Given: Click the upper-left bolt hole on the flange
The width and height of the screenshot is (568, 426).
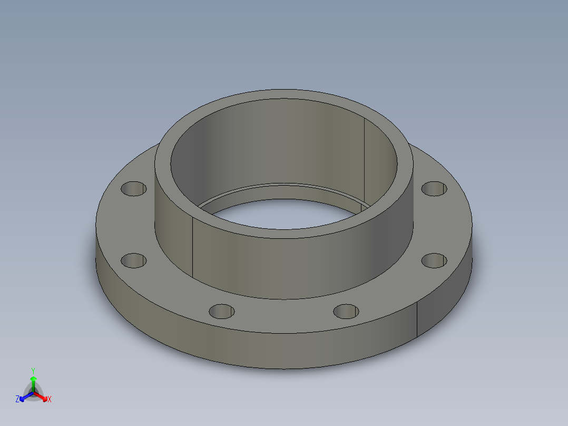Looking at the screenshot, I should (x=134, y=188).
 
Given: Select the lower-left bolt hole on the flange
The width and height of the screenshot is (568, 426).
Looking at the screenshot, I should (x=133, y=260).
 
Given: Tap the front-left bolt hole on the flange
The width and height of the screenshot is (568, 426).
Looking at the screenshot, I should (x=222, y=311).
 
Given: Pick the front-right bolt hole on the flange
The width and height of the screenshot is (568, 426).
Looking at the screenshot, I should (x=346, y=312).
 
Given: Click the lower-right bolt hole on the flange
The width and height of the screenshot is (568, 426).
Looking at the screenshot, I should (x=435, y=260).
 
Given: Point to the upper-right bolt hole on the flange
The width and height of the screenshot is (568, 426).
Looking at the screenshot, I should (x=435, y=188).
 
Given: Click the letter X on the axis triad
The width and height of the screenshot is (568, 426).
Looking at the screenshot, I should (x=50, y=399).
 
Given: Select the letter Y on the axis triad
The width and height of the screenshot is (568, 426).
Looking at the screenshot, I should (x=33, y=371).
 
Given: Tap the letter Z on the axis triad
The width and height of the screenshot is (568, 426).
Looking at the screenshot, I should (x=17, y=399).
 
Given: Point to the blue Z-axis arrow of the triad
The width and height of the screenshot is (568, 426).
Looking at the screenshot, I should (x=24, y=396).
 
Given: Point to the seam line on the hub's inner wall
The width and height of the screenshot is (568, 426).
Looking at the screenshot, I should (x=365, y=158).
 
